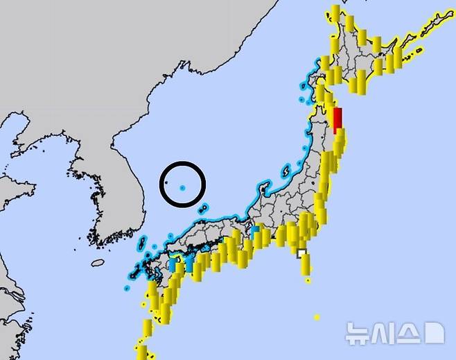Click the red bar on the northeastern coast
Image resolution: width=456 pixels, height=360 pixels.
pyautogui.click(x=337, y=120)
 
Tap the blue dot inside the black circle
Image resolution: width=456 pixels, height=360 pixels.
pyautogui.click(x=182, y=187)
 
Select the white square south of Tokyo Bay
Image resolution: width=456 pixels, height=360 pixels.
pyautogui.click(x=301, y=253)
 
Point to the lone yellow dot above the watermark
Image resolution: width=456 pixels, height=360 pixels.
pyautogui.click(x=317, y=317)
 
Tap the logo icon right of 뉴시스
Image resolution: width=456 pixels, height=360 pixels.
pyautogui.click(x=433, y=333)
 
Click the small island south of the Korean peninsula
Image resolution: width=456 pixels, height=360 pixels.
pyautogui.click(x=98, y=263)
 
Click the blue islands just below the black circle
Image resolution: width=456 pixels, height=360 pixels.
pyautogui.click(x=203, y=207)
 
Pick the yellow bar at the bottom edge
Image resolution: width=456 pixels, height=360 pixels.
pyautogui.click(x=141, y=352)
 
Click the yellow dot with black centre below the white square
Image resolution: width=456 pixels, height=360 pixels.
pyautogui.click(x=307, y=281)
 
